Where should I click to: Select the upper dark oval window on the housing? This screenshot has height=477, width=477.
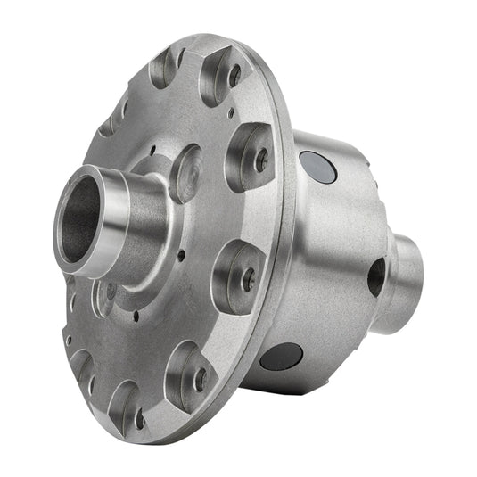tap(318, 167)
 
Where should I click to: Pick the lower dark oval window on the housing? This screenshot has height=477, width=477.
tap(281, 355)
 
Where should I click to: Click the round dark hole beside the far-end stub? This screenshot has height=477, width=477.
tap(376, 276)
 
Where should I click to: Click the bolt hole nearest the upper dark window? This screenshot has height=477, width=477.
tap(261, 160)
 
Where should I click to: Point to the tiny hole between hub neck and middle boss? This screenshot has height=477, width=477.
tap(182, 254)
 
